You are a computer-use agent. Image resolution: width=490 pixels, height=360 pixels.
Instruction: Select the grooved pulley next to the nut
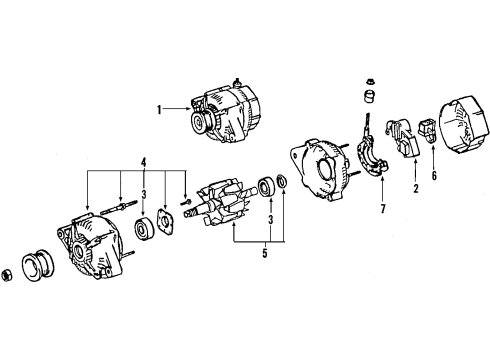(x=43, y=264)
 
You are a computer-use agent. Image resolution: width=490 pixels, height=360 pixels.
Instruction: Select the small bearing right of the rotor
(x=266, y=186)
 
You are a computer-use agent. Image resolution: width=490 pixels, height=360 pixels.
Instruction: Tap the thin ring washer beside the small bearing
(x=283, y=181)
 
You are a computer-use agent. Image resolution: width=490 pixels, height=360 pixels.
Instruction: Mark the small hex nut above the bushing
(x=364, y=82)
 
